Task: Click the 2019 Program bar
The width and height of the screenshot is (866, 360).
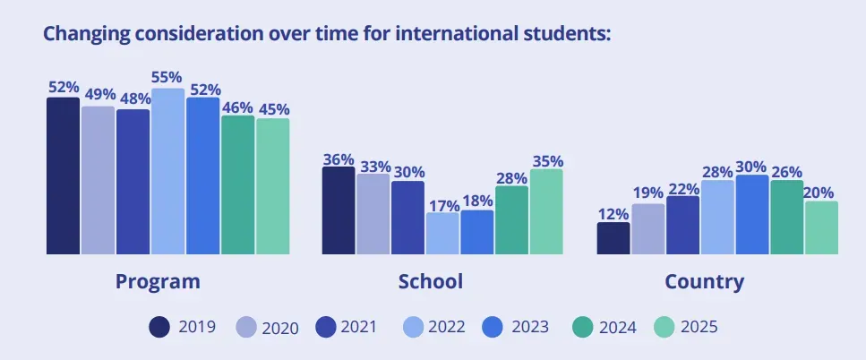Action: coord(63,176)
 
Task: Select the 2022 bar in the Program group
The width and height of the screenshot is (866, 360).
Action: coord(167,171)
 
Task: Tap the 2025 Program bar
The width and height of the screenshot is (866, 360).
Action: coord(272,186)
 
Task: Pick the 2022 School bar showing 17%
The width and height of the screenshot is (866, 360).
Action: coord(442,233)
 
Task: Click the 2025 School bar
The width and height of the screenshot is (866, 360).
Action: coord(546,211)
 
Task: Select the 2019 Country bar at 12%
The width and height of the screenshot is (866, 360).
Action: coord(613,238)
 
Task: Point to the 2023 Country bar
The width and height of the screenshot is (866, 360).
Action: coord(752,215)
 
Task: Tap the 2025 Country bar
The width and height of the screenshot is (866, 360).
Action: coord(821,227)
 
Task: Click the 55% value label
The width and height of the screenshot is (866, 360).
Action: coord(167,78)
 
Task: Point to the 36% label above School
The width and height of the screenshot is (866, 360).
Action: coord(339,159)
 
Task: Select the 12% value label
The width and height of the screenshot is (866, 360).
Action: coord(613,213)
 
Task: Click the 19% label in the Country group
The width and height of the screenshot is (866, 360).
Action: coord(648,193)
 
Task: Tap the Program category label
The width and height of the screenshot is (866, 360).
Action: coord(158,281)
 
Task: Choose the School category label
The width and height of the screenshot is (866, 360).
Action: coord(431,281)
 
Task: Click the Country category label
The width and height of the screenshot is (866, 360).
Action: coord(704,281)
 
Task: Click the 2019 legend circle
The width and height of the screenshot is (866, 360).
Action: coord(159,327)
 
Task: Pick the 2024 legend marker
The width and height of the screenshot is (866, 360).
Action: coord(581,327)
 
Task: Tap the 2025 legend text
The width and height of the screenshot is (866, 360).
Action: coord(699,327)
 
